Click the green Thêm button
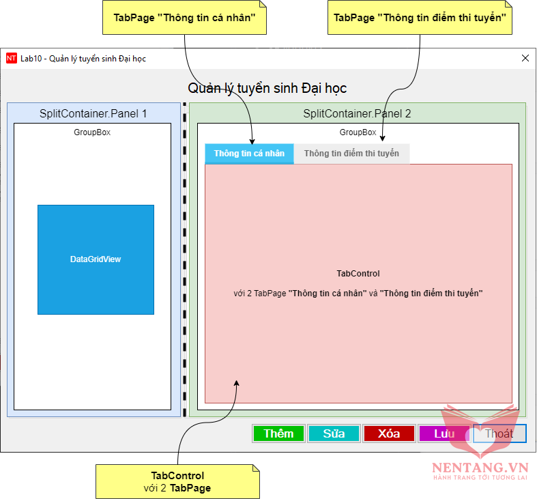click(278, 433)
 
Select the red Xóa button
click(389, 433)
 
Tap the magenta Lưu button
click(444, 433)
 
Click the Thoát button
click(499, 433)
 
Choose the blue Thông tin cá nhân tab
click(249, 154)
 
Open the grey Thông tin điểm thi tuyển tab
click(351, 154)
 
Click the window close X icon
click(525, 58)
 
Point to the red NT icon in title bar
click(12, 59)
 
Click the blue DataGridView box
click(96, 259)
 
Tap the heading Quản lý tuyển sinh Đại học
click(267, 88)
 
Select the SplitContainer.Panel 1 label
click(93, 114)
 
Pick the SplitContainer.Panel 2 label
click(357, 114)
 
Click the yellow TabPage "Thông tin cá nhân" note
click(184, 18)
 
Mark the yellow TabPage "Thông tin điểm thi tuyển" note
click(420, 18)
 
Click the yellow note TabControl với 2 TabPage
click(177, 481)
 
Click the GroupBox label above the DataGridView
click(92, 132)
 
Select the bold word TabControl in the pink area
click(358, 274)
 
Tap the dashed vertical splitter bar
click(184, 259)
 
